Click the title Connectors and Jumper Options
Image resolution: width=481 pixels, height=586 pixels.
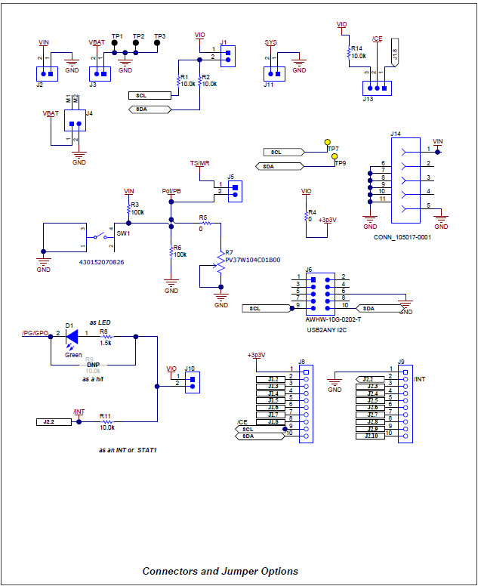(x=220, y=571)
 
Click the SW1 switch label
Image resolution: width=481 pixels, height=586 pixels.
(x=122, y=234)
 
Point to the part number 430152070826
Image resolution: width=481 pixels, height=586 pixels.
(x=102, y=263)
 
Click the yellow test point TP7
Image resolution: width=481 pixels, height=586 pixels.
(x=328, y=142)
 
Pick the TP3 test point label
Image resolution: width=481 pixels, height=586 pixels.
(x=159, y=36)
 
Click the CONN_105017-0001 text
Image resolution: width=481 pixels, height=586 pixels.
(x=402, y=236)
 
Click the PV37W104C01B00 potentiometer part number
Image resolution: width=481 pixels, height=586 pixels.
(x=253, y=260)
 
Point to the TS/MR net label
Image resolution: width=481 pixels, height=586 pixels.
(x=199, y=164)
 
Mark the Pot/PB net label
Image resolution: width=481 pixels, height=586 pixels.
(x=171, y=192)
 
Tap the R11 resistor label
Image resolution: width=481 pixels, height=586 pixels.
(x=104, y=416)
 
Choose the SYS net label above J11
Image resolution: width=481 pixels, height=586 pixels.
(x=271, y=42)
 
